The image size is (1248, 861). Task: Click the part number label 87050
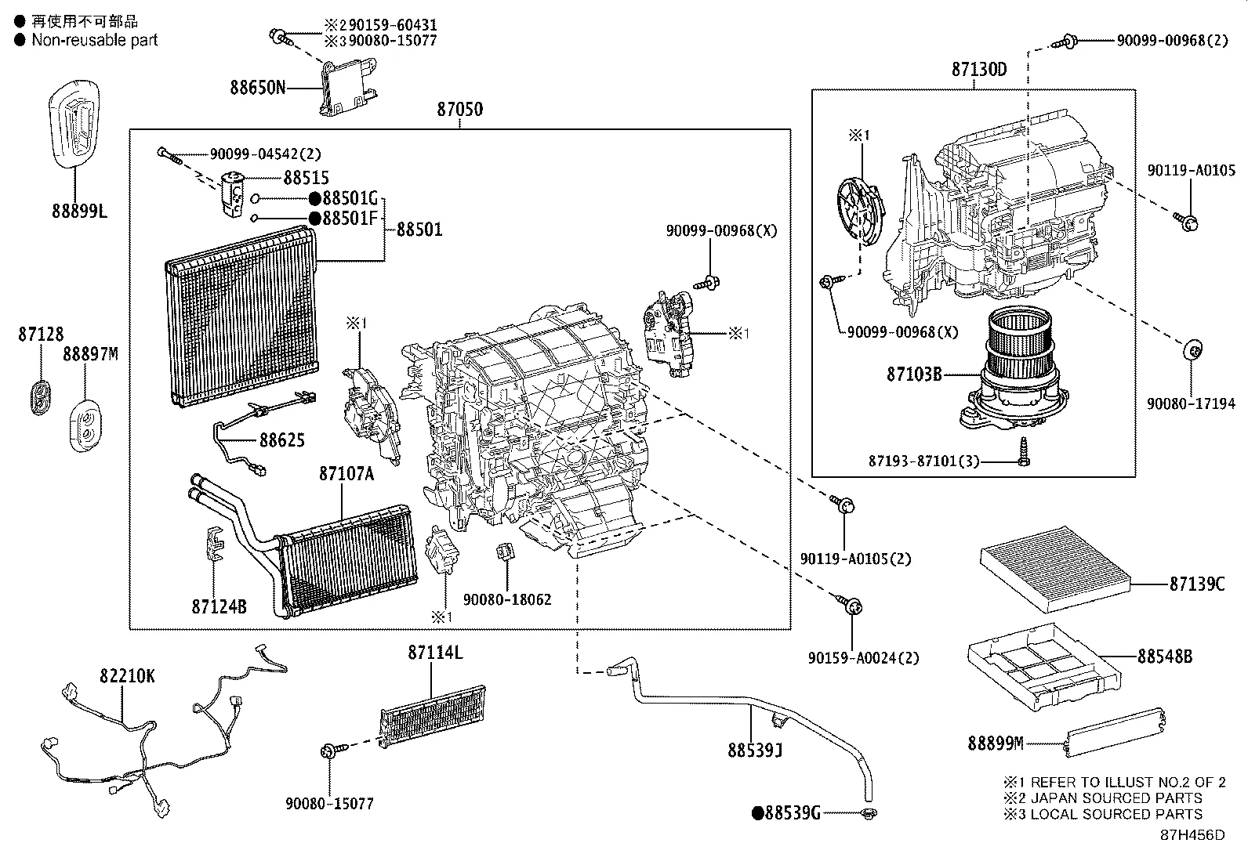click(459, 110)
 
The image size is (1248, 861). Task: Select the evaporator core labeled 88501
click(243, 317)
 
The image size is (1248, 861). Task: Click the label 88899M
click(996, 743)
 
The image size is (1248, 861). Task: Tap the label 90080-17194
click(1190, 404)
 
